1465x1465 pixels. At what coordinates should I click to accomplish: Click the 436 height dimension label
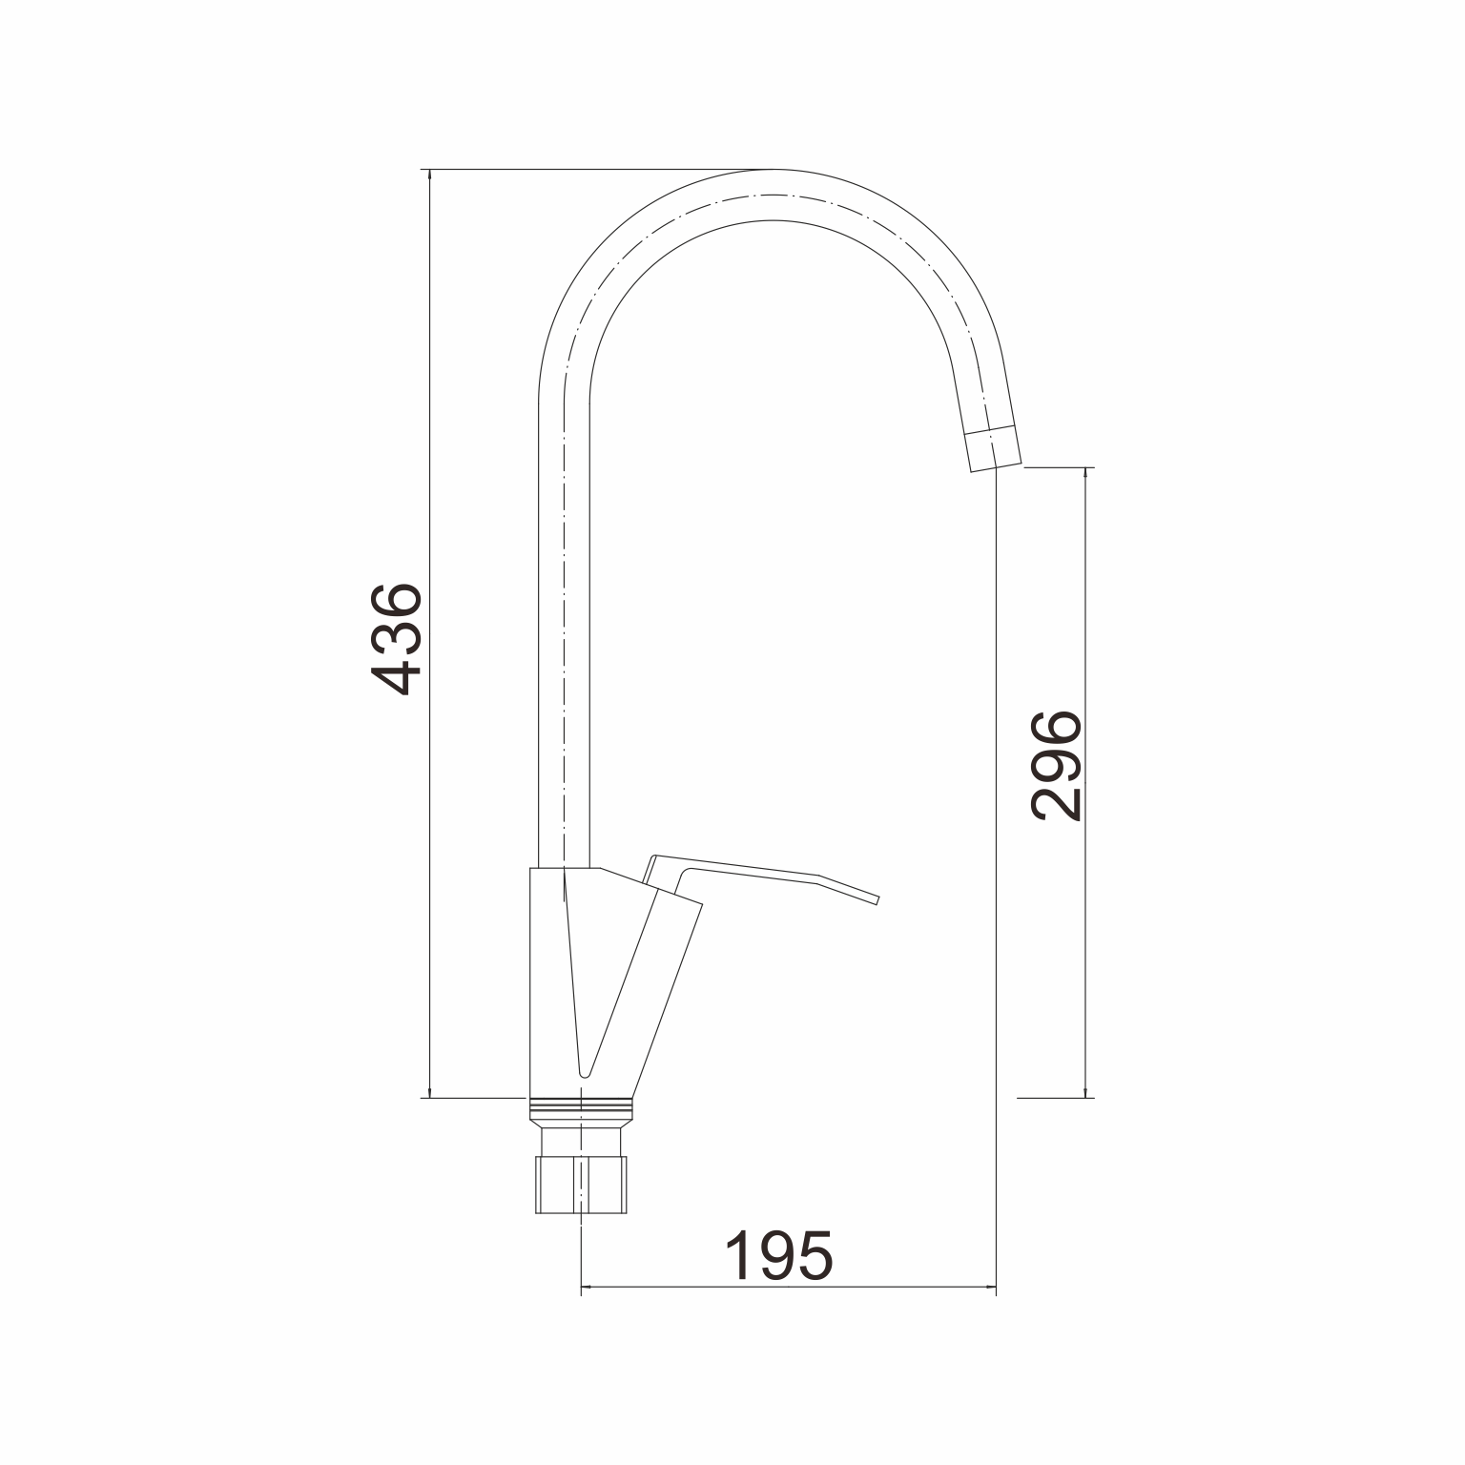(x=394, y=638)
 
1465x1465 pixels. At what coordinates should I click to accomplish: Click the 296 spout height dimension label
(x=1056, y=765)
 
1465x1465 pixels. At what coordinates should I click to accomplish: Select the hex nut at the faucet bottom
(x=580, y=1185)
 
